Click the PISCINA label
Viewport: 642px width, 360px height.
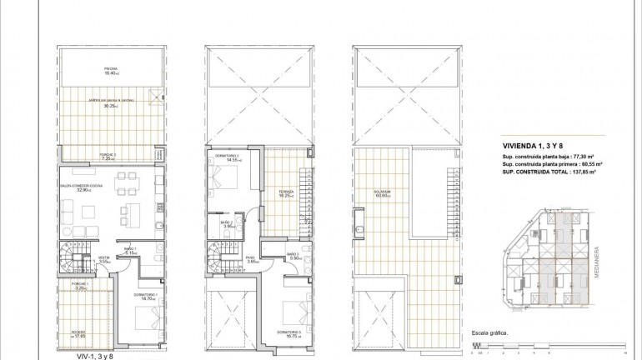[111, 68]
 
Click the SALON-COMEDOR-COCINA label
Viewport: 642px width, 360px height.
[80, 186]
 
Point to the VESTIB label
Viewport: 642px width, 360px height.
[105, 257]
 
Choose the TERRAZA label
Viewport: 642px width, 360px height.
[286, 191]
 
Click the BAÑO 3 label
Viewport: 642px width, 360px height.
[293, 253]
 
